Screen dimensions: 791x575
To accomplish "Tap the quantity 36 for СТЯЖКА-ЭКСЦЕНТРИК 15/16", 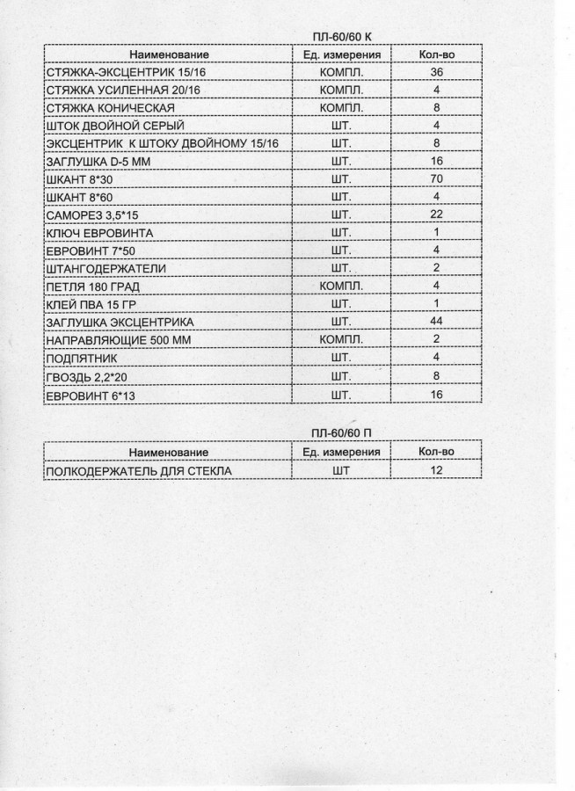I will (x=436, y=72).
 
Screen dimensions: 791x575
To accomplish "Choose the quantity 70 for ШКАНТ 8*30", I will (x=436, y=179).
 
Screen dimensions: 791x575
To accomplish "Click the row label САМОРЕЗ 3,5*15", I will (x=87, y=215).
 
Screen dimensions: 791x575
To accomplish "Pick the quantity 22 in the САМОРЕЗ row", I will (x=436, y=215).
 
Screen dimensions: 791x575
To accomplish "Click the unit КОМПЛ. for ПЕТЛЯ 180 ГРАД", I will (x=342, y=287).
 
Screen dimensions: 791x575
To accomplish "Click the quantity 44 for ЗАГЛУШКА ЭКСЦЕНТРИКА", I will (x=436, y=323).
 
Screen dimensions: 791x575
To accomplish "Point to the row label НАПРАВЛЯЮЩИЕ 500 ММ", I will (x=110, y=340).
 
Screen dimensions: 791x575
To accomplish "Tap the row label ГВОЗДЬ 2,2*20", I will (x=84, y=376).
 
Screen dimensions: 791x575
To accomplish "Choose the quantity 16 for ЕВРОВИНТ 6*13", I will (x=436, y=395).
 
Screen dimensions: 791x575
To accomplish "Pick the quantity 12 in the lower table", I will (x=436, y=471).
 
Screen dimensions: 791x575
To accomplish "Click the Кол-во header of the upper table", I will (x=436, y=54).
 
